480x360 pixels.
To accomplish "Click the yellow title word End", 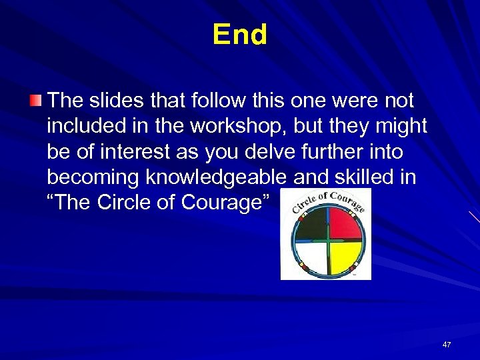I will pyautogui.click(x=240, y=35).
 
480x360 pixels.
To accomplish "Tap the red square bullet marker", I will pyautogui.click(x=35, y=101).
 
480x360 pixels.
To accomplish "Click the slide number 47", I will pyautogui.click(x=446, y=345).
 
